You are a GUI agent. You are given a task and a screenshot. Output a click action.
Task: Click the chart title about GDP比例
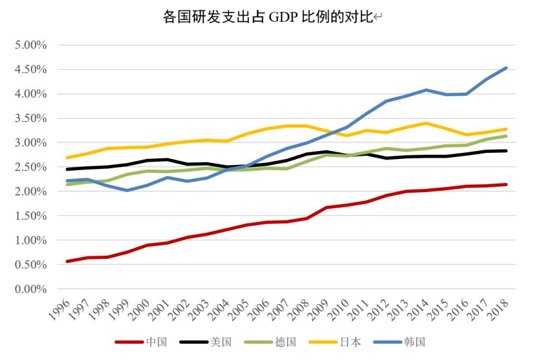[x=267, y=17]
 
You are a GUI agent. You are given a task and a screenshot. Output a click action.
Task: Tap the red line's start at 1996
[x=66, y=261]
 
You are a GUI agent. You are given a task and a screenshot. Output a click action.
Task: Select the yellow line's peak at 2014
[x=427, y=123]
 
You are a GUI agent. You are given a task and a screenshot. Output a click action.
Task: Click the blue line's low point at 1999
[x=126, y=190]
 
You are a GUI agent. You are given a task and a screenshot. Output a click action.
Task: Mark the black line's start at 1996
[x=66, y=169]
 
